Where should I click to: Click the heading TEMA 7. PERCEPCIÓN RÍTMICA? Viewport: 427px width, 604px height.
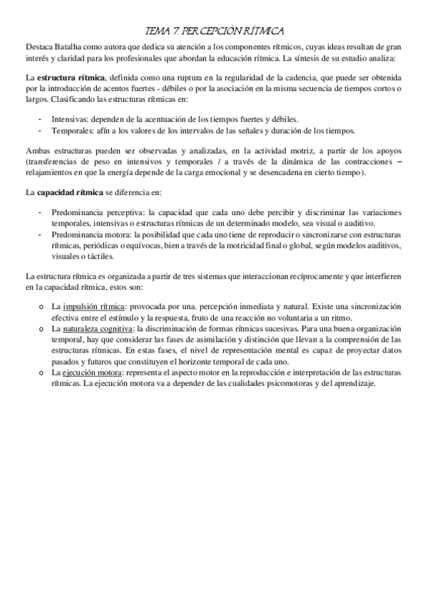click(214, 31)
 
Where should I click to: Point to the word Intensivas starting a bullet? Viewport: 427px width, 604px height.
click(70, 120)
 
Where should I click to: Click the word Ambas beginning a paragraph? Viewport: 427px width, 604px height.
click(38, 152)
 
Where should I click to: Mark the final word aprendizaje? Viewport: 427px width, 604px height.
click(351, 384)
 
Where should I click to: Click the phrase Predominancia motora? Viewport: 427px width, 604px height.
click(86, 234)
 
